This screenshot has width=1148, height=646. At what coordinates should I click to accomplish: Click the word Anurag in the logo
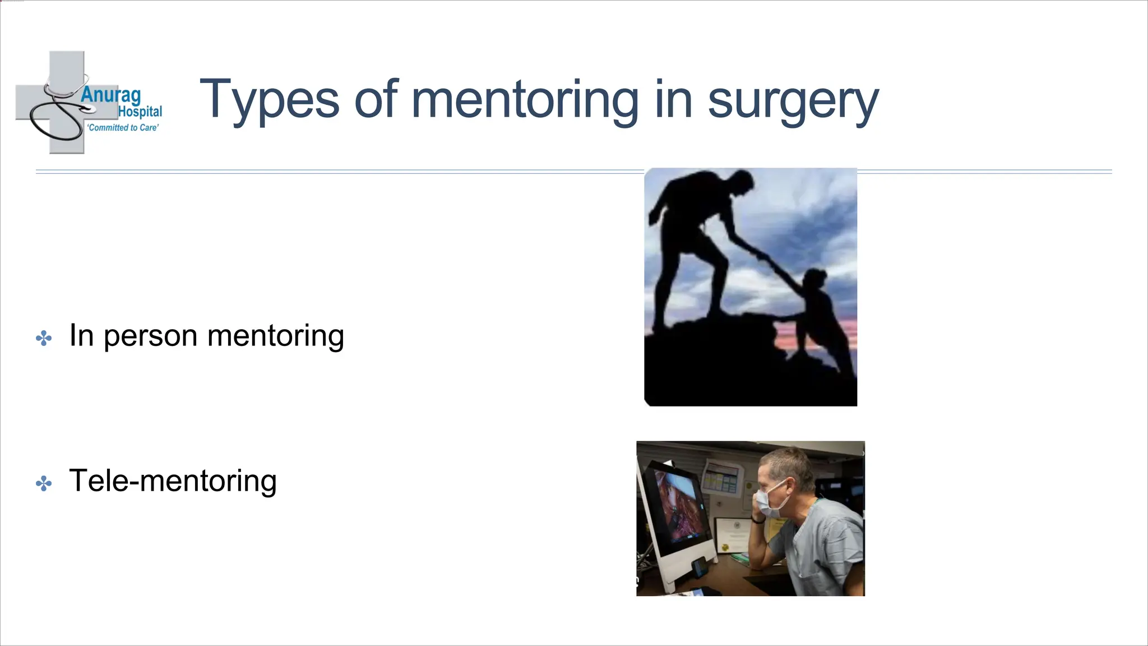(110, 95)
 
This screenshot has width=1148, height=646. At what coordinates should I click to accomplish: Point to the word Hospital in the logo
(140, 112)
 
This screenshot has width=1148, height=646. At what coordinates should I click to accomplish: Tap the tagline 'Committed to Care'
(123, 128)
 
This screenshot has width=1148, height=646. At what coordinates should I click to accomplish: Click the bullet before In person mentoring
(44, 338)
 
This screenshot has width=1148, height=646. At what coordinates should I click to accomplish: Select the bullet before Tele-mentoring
(44, 483)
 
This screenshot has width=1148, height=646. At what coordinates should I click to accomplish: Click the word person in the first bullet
(150, 336)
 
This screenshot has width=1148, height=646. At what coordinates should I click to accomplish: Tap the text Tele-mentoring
(173, 481)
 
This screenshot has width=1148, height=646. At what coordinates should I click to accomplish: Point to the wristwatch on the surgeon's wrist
(758, 520)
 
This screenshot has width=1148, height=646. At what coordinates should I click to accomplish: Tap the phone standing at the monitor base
(699, 568)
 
